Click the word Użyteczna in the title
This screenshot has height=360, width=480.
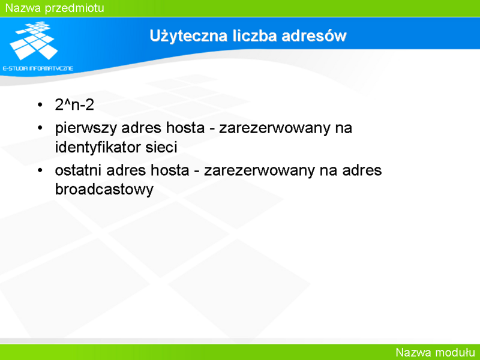tap(188, 36)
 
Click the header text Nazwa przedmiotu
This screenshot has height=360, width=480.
tap(55, 8)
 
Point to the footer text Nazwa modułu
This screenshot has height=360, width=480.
tap(435, 352)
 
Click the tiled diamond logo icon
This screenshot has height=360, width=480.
tap(34, 40)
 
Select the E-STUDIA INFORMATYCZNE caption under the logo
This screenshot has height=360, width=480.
tap(38, 68)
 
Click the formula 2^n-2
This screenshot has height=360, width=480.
tap(74, 104)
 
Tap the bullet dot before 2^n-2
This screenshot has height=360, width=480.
tap(40, 105)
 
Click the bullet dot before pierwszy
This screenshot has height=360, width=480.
tap(40, 128)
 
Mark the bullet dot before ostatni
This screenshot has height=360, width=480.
tap(40, 170)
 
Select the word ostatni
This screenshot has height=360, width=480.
tap(79, 170)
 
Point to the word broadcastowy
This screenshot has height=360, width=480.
tap(104, 190)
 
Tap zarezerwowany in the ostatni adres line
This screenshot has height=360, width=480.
tap(260, 171)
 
